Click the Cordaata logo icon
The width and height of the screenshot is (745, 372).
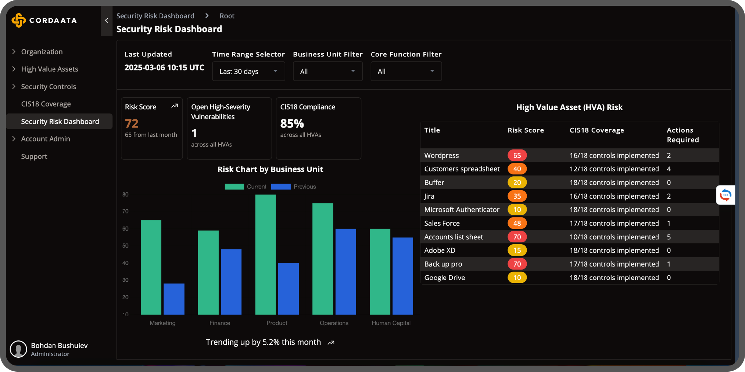[x=18, y=20]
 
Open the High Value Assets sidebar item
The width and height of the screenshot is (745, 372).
[x=50, y=69]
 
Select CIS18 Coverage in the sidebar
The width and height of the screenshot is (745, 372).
[x=46, y=104]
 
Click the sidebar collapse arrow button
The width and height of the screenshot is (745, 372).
[x=106, y=20]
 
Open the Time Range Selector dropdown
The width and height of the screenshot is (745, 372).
[x=248, y=71]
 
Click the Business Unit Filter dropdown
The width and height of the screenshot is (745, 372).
[x=327, y=71]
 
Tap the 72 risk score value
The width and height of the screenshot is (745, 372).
[x=132, y=124]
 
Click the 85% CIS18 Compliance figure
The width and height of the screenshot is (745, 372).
[x=292, y=124]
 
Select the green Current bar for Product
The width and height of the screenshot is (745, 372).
[x=266, y=254]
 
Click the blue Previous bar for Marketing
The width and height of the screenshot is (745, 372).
[x=174, y=299]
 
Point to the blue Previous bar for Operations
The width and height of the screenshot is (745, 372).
[x=345, y=271]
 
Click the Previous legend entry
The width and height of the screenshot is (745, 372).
[x=294, y=187]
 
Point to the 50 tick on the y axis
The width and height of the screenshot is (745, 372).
[x=125, y=246]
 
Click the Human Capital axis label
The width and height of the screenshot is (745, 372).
[x=391, y=323]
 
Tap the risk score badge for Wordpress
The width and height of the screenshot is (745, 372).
[x=517, y=155]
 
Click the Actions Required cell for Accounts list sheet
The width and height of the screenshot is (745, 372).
[x=669, y=237]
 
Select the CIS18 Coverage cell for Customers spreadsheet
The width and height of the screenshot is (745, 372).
[x=614, y=169]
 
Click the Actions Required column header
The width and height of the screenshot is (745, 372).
[x=683, y=135]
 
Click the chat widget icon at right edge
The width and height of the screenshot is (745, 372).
[x=726, y=195]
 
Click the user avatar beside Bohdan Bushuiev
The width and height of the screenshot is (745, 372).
[x=18, y=349]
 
